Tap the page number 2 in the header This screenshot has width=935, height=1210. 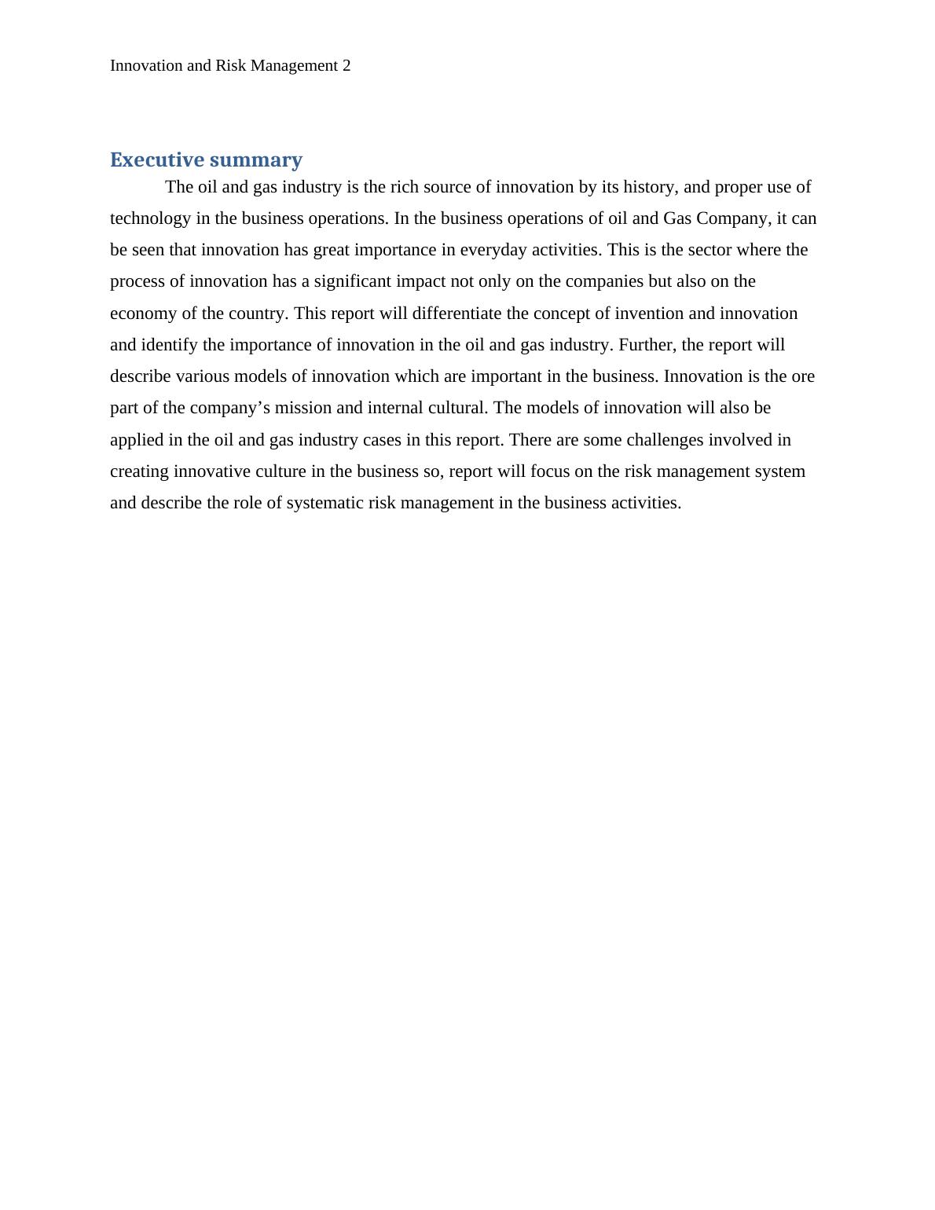pyautogui.click(x=346, y=66)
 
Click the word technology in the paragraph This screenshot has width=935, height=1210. pyautogui.click(x=150, y=218)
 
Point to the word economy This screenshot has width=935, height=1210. pyautogui.click(x=143, y=313)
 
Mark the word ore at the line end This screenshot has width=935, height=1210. pyautogui.click(x=802, y=376)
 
